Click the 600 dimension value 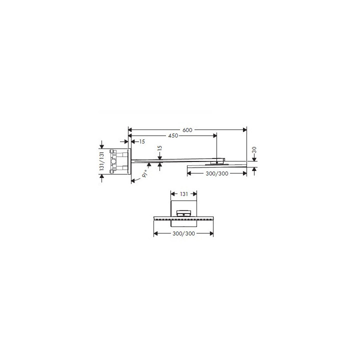[187, 130]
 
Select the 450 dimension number [173, 135]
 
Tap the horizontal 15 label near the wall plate [142, 141]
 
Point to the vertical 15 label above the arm [160, 148]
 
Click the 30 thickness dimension [254, 150]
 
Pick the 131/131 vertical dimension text [101, 161]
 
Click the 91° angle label [144, 174]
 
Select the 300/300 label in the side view [217, 173]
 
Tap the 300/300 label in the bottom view [183, 233]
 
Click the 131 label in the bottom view [184, 194]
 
